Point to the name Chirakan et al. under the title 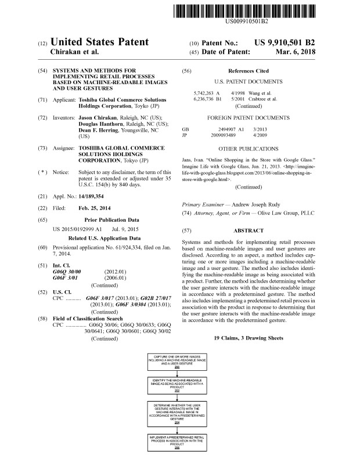[x=78, y=52]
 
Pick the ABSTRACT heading [x=249, y=230]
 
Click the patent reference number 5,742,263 [x=204, y=93]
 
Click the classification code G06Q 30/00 [x=67, y=255]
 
